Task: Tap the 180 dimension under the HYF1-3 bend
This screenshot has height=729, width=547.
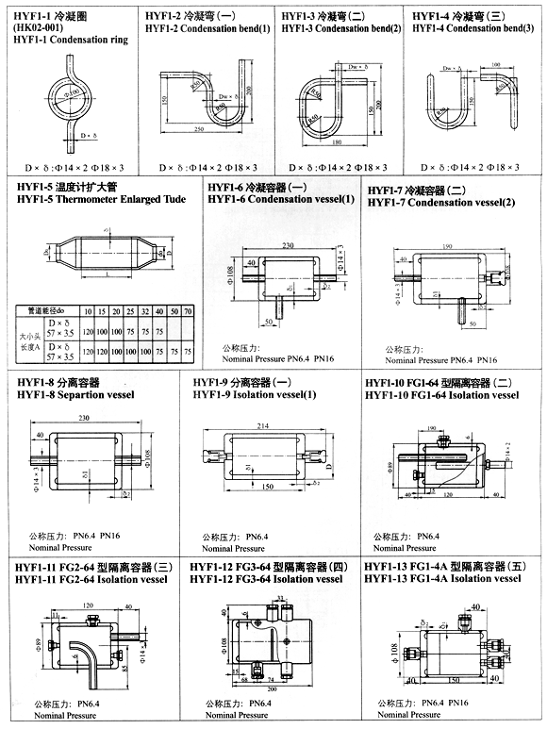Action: (x=339, y=142)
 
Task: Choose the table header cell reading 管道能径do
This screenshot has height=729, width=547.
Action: (x=46, y=309)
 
